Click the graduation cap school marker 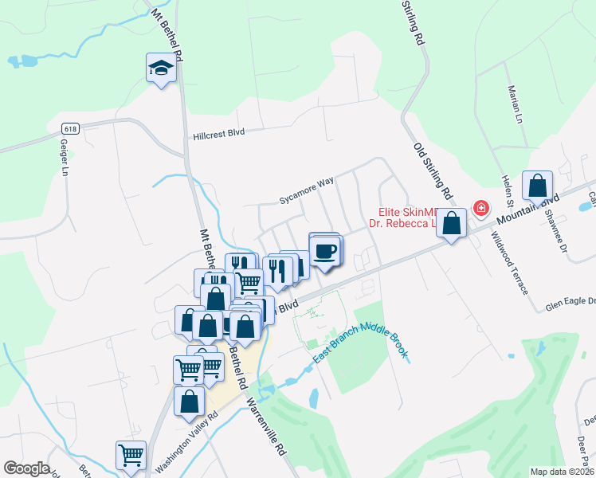coord(161,69)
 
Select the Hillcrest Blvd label coord(218,135)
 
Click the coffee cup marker coord(325,252)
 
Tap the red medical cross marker coord(480,209)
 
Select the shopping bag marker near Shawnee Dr coord(538,186)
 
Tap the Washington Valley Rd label coord(186,441)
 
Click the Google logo coord(26,468)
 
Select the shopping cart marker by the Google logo coord(131,456)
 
